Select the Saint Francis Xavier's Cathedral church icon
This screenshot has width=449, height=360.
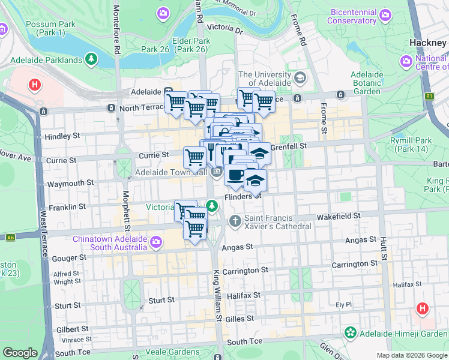[x=235, y=222]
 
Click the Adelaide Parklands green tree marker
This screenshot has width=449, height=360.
[x=91, y=59]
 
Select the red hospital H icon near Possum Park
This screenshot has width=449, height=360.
[x=35, y=85]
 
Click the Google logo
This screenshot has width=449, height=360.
[x=20, y=353]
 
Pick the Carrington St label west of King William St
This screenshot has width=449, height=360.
[x=245, y=271]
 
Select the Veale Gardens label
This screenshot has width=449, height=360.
[x=176, y=352]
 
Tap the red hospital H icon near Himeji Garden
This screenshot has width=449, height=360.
[x=423, y=308]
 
